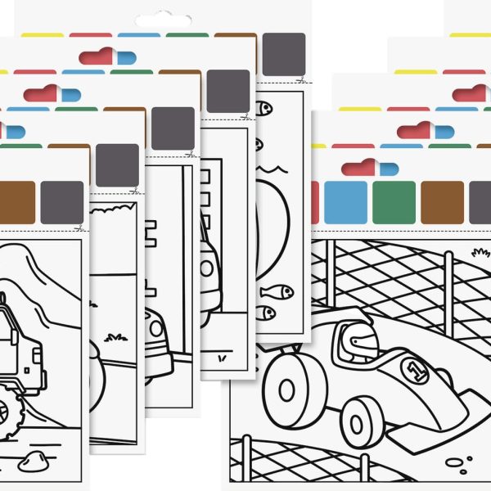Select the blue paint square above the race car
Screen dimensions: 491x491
[x=345, y=202]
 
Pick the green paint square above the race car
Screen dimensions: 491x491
[x=394, y=202]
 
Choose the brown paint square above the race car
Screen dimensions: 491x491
[x=442, y=202]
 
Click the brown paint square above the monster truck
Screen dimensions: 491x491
[x=16, y=202]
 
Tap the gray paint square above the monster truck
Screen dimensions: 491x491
[x=62, y=202]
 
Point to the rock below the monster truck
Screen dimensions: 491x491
[x=33, y=461]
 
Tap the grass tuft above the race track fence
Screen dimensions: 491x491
[x=480, y=252]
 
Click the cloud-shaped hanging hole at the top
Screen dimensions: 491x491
[x=163, y=20]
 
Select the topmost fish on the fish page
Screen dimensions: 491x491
[x=264, y=108]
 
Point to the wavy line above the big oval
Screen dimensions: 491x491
[x=272, y=169]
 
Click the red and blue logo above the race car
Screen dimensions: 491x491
[x=370, y=168]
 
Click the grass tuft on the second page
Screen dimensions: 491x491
[x=115, y=337]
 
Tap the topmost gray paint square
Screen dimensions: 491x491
[x=284, y=54]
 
